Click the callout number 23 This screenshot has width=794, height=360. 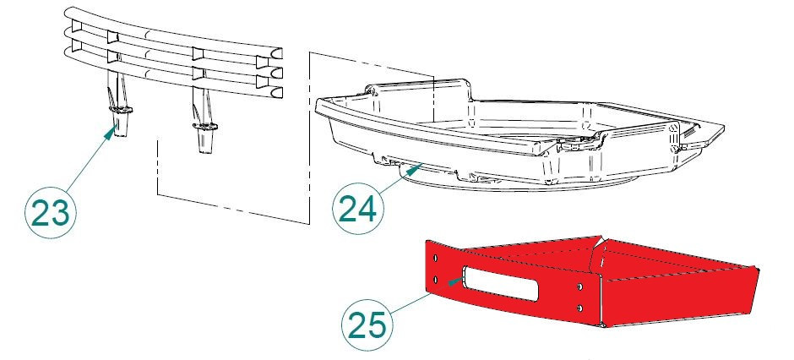pos(50,213)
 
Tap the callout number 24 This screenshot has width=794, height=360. pos(357,208)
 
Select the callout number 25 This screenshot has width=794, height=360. pos(367,325)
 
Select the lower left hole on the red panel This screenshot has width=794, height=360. pos(436,279)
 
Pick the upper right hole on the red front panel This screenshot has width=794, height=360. pos(579,287)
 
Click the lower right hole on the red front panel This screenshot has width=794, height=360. pos(579,308)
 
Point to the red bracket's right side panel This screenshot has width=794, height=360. pos(678,295)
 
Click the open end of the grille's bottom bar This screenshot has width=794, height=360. pos(276,92)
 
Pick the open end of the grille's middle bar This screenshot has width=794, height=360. pos(276,73)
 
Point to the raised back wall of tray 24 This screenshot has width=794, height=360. pos(421,91)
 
